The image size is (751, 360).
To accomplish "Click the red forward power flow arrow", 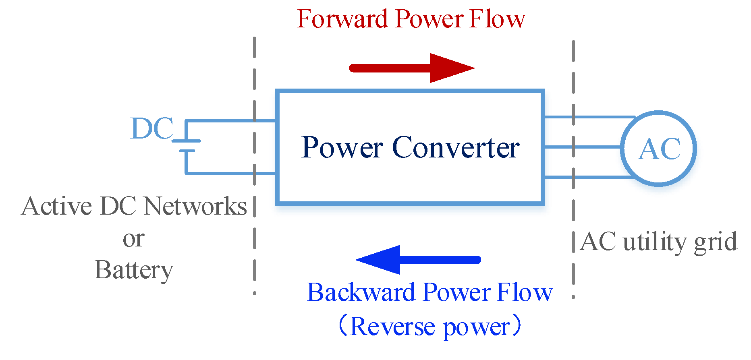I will coord(411,68).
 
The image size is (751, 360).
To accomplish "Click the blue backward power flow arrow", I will coord(419,260).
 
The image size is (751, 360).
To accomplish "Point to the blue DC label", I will coord(152,129).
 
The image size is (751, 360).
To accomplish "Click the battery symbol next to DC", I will coord(187,146).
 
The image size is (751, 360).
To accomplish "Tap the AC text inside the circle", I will coord(660,149).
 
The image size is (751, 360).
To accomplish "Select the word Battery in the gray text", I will coord(134,270).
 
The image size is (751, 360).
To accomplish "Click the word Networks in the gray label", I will coord(195,206).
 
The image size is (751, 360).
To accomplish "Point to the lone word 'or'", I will coord(133,239).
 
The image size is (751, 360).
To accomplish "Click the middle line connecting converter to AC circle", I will coord(582,147).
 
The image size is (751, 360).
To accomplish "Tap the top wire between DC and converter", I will coord(230,120).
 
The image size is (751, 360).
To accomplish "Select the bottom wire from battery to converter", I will coord(230,173).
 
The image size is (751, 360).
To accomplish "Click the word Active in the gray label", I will coord(57,206).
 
